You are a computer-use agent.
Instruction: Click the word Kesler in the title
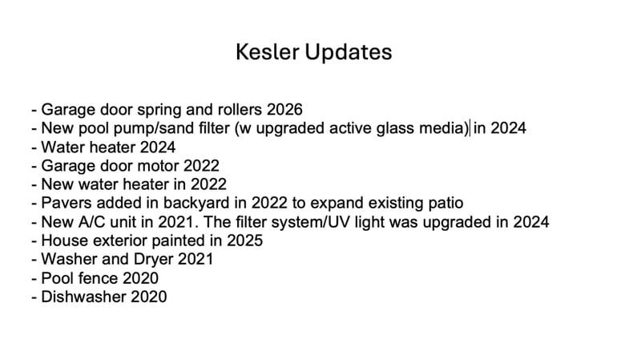pyautogui.click(x=267, y=52)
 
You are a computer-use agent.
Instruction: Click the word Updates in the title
pyautogui.click(x=349, y=53)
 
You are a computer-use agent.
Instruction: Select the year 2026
pyautogui.click(x=284, y=110)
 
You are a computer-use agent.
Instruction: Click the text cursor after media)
pyautogui.click(x=470, y=128)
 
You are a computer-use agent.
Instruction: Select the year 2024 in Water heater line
pyautogui.click(x=158, y=148)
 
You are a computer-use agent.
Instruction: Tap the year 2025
pyautogui.click(x=245, y=241)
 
